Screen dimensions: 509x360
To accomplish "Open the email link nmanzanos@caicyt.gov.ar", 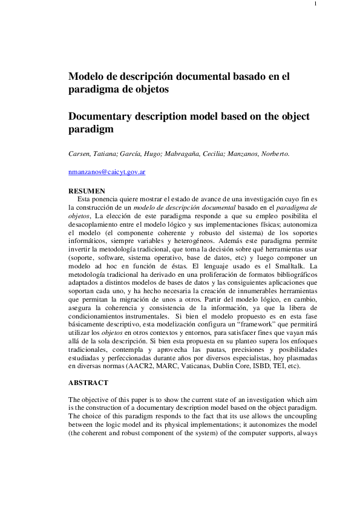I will [x=106, y=172].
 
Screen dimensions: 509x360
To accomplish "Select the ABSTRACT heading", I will [x=88, y=383].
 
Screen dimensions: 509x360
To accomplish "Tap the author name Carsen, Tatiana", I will [x=93, y=154].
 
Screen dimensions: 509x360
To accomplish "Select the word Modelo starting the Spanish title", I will [x=87, y=77].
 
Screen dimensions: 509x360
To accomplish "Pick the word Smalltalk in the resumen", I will [x=292, y=265].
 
